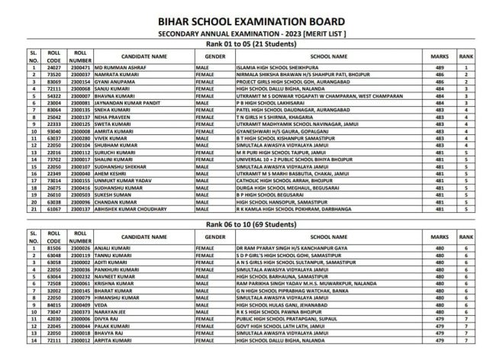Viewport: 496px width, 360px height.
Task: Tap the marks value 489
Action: tap(440, 68)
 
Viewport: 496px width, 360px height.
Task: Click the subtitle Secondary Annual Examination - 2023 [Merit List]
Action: tap(248, 34)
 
